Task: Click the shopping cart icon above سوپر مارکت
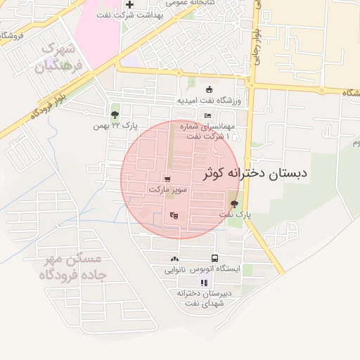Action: coord(167,179)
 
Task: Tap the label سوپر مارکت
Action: coord(168,190)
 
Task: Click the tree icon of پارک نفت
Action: coord(234,203)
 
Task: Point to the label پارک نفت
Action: coord(235,213)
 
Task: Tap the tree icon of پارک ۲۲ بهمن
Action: coord(115,115)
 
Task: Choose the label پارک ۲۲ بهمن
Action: coord(115,126)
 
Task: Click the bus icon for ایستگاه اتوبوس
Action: coord(214,258)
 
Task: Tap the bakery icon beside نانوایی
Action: coord(174,259)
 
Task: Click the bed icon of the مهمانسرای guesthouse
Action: coord(207,115)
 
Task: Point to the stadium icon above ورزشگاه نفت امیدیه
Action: coord(209,89)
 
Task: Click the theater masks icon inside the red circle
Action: coord(174,215)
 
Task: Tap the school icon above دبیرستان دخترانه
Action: coord(204,283)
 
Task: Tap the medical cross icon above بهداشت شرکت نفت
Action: coord(129,5)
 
